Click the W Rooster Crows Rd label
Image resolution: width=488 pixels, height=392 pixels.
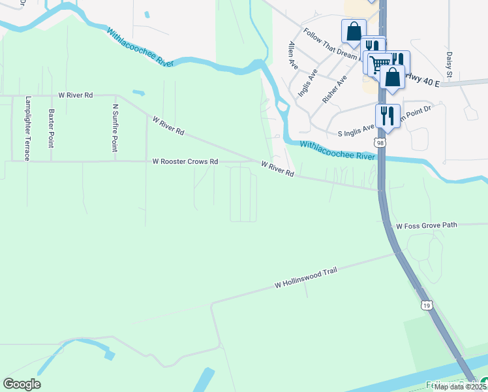[185, 161]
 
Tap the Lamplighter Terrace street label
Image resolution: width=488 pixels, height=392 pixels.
[27, 128]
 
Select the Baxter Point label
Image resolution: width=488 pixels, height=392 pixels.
[51, 128]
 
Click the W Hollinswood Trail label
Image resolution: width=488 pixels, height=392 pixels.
[306, 279]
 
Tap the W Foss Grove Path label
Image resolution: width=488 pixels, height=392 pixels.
[427, 226]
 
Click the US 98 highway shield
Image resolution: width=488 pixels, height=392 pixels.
[379, 142]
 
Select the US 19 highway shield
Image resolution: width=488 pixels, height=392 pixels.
[426, 304]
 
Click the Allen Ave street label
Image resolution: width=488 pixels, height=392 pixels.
[293, 56]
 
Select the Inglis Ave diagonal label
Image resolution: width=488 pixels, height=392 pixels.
[308, 82]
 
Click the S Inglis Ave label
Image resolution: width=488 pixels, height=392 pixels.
[356, 132]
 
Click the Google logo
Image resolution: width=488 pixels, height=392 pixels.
[22, 384]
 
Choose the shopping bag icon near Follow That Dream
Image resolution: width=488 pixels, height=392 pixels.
[353, 31]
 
